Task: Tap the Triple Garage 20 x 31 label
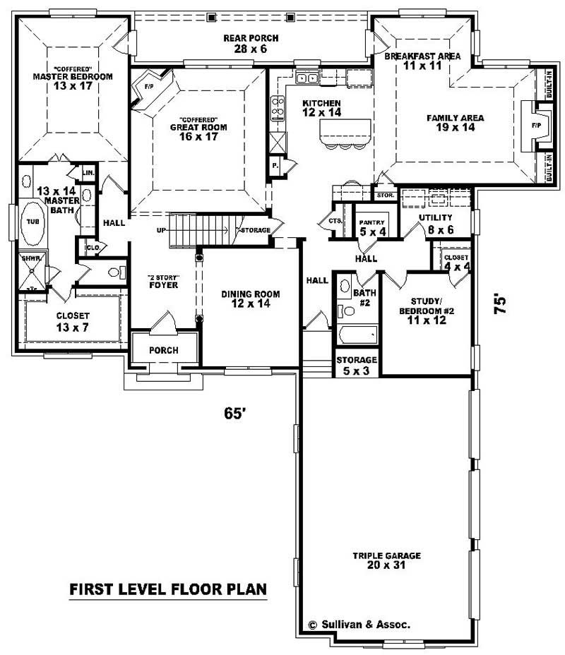click(386, 561)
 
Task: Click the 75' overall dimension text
click(501, 304)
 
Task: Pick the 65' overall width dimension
click(234, 414)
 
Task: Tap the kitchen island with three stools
click(345, 132)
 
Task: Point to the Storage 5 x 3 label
click(357, 365)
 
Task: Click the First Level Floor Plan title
click(167, 589)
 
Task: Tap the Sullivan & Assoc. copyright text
click(359, 625)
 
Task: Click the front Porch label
click(163, 351)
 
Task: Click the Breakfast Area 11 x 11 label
click(422, 60)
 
